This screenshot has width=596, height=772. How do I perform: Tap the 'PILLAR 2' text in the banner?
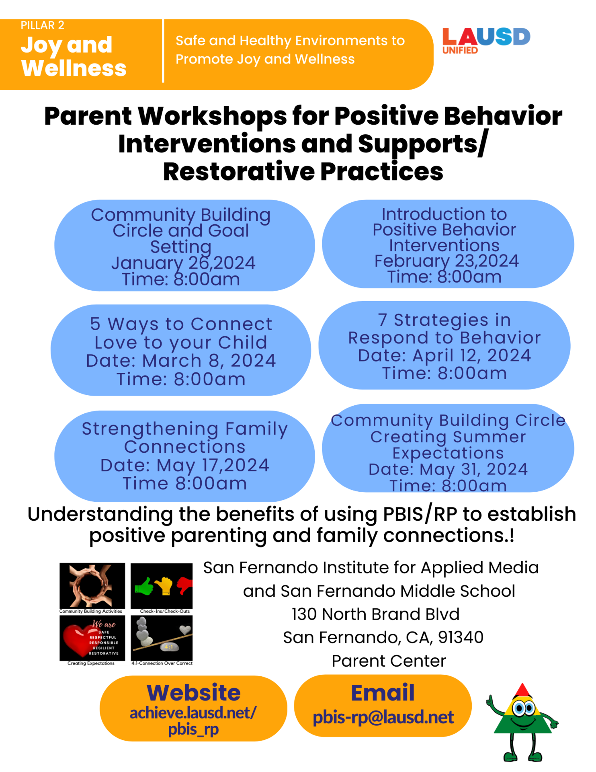click(42, 25)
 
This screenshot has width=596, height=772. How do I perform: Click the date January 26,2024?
click(183, 263)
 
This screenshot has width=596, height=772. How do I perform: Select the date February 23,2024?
click(446, 261)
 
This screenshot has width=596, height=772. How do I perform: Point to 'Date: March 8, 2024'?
click(181, 361)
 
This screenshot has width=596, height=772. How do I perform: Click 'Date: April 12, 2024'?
click(444, 355)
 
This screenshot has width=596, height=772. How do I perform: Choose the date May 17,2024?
click(184, 465)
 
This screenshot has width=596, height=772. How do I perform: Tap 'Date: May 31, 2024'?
click(448, 469)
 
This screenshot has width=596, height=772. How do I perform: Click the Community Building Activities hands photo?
click(92, 585)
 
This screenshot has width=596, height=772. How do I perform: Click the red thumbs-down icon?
click(184, 585)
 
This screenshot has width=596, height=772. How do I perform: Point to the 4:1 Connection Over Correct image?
click(162, 639)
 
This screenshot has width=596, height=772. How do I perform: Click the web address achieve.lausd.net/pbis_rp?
click(193, 721)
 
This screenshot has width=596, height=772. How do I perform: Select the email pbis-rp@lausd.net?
click(383, 717)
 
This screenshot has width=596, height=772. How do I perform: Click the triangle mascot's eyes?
click(524, 708)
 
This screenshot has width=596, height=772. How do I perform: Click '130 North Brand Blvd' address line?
click(375, 614)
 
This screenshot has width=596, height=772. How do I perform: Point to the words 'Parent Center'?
click(389, 661)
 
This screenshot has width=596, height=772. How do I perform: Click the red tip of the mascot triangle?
click(522, 691)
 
